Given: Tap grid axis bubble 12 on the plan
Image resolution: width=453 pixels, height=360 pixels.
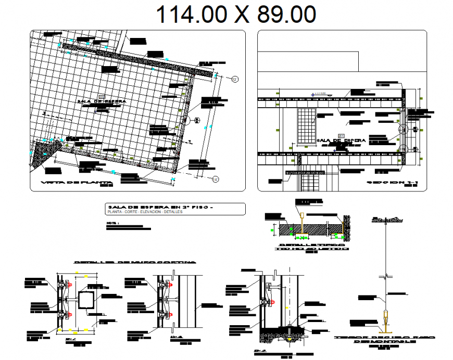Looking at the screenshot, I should point(235,79).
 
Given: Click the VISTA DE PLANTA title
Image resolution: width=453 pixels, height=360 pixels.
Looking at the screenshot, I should point(72,183).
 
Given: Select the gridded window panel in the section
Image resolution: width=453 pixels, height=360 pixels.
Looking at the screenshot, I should point(307,126).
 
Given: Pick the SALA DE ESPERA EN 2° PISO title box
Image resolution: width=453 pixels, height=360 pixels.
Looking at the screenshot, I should point(174,209).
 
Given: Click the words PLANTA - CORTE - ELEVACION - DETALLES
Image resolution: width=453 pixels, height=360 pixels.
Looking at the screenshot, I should point(142,212).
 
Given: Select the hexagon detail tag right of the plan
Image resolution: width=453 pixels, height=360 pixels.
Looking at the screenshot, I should point(197,120).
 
